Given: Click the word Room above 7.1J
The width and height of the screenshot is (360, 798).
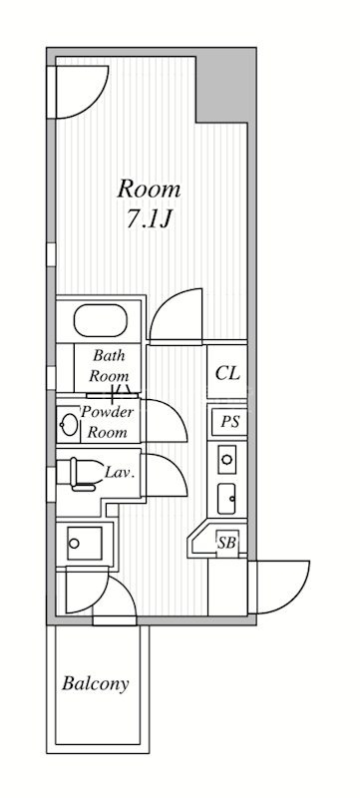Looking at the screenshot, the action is pos(149,190).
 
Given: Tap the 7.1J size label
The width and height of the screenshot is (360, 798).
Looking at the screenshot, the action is pos(148,218).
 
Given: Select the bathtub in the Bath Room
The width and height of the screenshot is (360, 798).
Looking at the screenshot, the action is pos(100,320).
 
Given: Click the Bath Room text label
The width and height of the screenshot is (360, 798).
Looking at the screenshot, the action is pos(109,366).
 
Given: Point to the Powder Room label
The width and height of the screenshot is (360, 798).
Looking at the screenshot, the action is pos(108,422).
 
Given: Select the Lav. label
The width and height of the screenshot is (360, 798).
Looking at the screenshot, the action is pos(120,472).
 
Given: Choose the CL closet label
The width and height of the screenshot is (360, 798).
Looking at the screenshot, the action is pos(227,373).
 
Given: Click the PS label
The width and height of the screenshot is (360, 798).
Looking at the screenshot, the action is pos(229,421).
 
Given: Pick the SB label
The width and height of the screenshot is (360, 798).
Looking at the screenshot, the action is pos(226,543).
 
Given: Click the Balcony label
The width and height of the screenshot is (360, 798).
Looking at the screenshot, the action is pos(95,683).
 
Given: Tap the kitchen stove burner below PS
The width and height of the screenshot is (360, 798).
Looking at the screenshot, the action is pos(226,459).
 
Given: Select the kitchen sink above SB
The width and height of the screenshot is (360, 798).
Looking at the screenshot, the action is pos(226,499).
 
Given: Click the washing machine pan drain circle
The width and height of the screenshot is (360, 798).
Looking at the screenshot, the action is pos(74,543).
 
